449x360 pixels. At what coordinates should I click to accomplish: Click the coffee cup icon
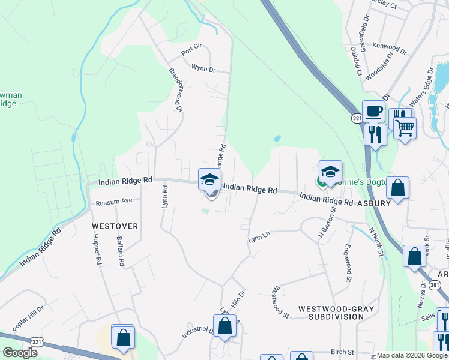(373, 111)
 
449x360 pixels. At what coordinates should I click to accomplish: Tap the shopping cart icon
(405, 127)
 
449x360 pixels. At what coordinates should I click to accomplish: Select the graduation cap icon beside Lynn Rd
(210, 179)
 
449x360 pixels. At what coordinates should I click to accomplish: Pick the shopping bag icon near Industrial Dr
(225, 326)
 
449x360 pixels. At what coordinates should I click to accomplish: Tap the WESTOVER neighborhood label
(115, 226)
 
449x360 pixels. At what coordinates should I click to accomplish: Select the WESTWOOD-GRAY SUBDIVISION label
(336, 313)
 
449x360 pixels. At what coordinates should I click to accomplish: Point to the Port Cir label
(194, 52)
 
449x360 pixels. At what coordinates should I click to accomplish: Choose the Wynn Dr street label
(203, 69)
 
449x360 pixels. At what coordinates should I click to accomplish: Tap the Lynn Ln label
(259, 239)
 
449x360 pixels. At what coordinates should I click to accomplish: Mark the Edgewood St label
(347, 263)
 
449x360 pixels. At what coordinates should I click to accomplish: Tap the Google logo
(20, 353)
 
